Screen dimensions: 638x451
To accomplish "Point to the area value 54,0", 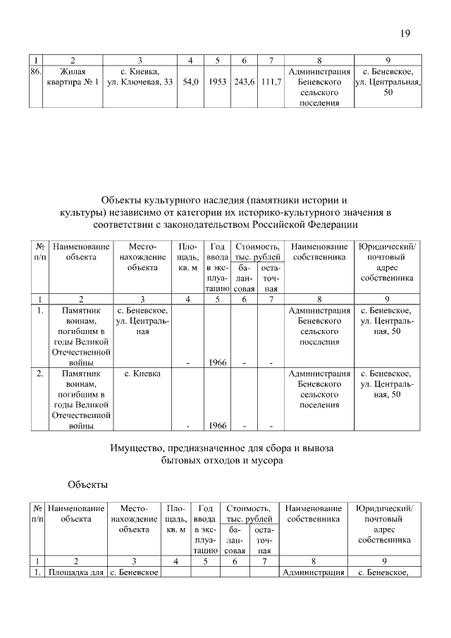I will [190, 82].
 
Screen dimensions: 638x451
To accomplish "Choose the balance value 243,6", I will [244, 82].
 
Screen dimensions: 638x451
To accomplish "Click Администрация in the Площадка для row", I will [313, 572].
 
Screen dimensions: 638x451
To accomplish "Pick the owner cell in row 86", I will [320, 87].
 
